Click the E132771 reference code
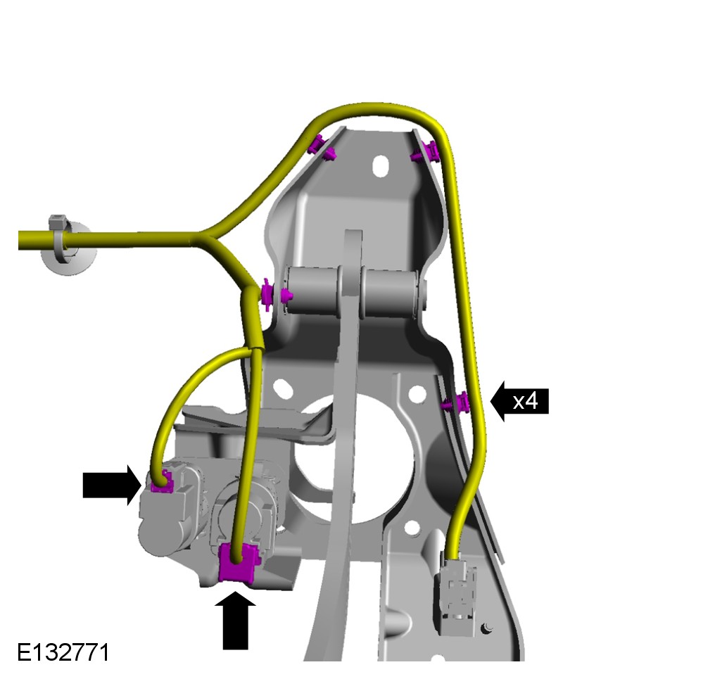click(63, 652)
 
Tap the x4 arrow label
click(519, 401)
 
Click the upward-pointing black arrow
click(235, 621)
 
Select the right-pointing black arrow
click(112, 485)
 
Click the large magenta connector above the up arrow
click(239, 563)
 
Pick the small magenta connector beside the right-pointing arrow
click(162, 483)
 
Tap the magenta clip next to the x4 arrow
click(456, 402)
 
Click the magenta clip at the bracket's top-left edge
click(322, 148)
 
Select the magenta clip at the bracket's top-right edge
click(425, 152)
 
